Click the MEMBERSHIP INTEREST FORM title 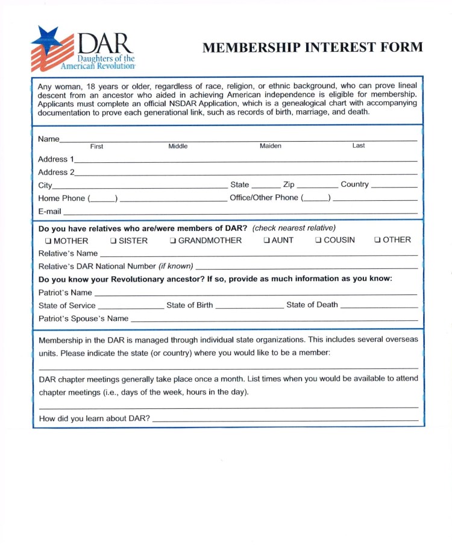point(313,48)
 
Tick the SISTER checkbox point(113,241)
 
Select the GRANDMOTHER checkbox point(172,241)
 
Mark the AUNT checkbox point(266,241)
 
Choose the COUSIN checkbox point(318,241)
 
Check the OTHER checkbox point(377,241)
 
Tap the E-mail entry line point(240,212)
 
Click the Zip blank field point(317,186)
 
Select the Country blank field point(394,186)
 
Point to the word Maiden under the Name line point(271,147)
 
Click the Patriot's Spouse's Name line point(274,319)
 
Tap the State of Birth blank point(249,306)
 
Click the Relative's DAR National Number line point(306,267)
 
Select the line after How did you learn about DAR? point(285,419)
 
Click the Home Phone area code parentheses point(102,199)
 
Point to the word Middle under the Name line point(178,147)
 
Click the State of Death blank point(378,306)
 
